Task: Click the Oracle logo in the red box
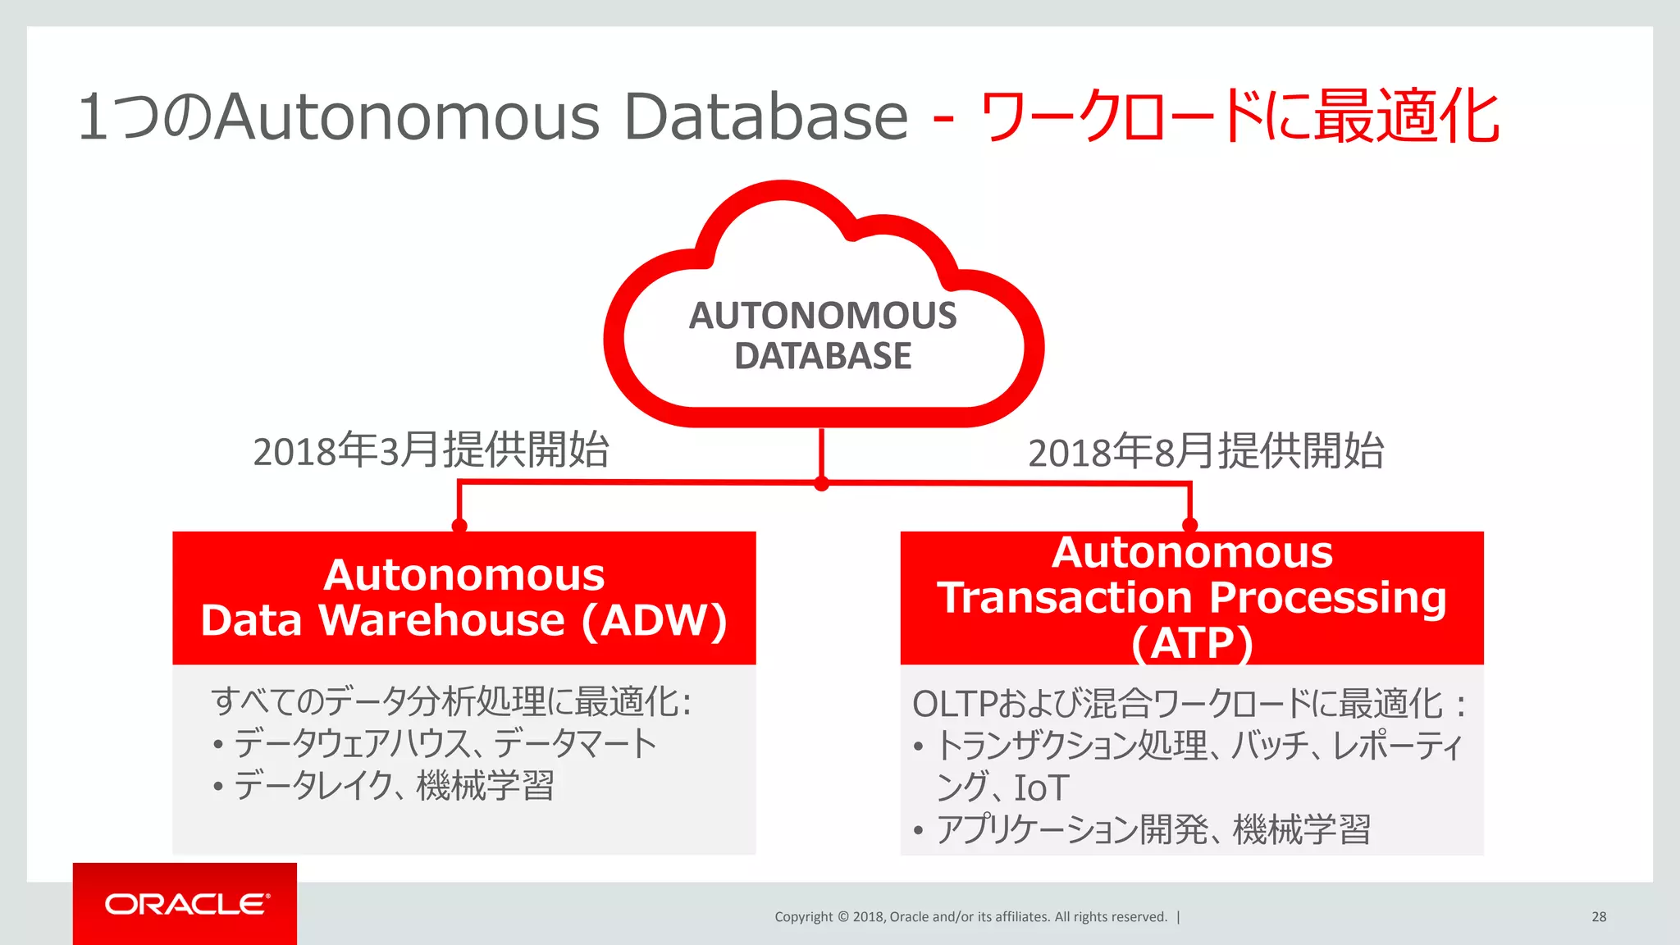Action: pyautogui.click(x=186, y=904)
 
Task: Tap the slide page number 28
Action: pyautogui.click(x=1598, y=917)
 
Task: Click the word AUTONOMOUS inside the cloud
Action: pyautogui.click(x=822, y=316)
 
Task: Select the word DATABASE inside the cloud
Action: pyautogui.click(x=822, y=356)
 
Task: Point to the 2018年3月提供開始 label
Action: pyautogui.click(x=431, y=450)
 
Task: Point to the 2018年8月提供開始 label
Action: pyautogui.click(x=1206, y=452)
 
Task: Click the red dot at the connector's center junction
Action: pyautogui.click(x=821, y=484)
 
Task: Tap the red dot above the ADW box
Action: pyautogui.click(x=459, y=525)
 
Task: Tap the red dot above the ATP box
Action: pyautogui.click(x=1189, y=524)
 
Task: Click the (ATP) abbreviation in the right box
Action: pyautogui.click(x=1192, y=643)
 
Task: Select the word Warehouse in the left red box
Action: pyautogui.click(x=441, y=620)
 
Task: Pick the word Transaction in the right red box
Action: pyautogui.click(x=1064, y=597)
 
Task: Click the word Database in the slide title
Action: pyautogui.click(x=765, y=117)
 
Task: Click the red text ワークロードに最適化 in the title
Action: pyautogui.click(x=1239, y=117)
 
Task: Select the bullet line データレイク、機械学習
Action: pyautogui.click(x=394, y=786)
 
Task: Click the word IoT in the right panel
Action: pyautogui.click(x=1041, y=788)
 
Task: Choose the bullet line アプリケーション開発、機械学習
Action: pyautogui.click(x=1153, y=829)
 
